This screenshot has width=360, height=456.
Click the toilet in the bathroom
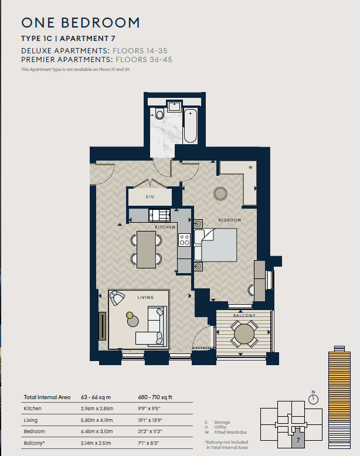[159, 114]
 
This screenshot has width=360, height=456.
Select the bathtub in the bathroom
[191, 126]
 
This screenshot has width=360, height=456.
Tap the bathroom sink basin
[174, 106]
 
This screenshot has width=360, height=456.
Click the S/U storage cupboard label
[150, 197]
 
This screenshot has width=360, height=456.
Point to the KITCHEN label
[165, 227]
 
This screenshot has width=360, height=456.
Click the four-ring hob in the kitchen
[185, 240]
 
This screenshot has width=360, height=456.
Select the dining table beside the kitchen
[146, 249]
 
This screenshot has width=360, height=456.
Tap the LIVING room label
[145, 298]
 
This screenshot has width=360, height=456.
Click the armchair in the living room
[117, 298]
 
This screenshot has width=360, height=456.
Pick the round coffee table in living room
[133, 321]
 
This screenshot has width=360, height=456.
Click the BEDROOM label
[230, 220]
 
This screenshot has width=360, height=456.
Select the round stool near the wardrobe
[220, 193]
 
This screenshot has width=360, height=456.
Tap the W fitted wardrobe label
[250, 168]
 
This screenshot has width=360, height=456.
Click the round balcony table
[244, 334]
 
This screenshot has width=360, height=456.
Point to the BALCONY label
[244, 315]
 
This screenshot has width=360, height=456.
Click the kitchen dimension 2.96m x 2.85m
[97, 409]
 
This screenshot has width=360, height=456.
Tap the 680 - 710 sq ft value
[155, 397]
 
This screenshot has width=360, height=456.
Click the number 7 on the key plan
[298, 440]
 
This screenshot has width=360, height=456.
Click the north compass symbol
[314, 398]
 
